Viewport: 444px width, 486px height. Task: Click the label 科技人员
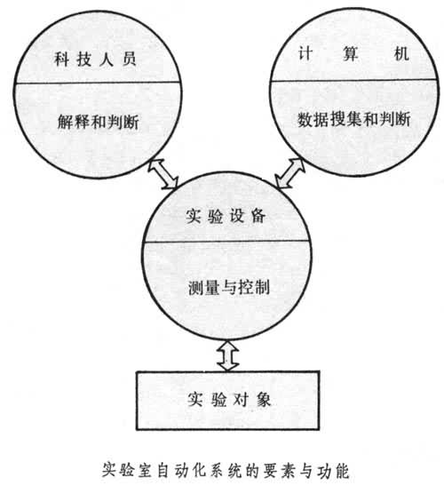95,59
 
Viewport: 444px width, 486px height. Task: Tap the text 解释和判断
99,121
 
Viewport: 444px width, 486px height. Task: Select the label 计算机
353,54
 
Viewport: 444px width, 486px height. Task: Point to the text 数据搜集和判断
354,119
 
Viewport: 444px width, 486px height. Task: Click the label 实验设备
226,216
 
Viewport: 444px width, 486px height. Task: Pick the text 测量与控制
229,287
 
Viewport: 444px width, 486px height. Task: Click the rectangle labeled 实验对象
227,400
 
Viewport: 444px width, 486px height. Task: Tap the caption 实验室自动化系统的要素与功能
226,471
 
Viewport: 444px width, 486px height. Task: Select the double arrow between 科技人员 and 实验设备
163,173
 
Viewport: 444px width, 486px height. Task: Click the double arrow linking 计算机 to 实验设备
290,173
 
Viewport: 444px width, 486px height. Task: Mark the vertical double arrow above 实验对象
227,355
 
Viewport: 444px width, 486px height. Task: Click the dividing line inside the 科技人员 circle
98,83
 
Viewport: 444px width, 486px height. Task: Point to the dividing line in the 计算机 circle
353,80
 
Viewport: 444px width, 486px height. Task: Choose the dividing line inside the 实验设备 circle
227,241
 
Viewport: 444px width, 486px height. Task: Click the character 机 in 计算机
402,54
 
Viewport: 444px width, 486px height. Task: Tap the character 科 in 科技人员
61,59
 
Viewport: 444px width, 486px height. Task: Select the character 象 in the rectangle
263,400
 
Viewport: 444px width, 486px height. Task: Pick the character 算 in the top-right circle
351,54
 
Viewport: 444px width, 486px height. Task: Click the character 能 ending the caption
341,471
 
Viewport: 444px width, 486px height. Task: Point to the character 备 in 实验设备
258,216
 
